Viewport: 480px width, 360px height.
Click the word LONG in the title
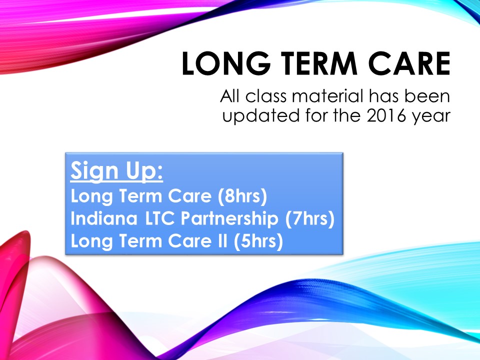point(226,63)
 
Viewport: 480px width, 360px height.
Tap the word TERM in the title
point(319,63)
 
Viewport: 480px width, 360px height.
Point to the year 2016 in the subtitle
point(387,115)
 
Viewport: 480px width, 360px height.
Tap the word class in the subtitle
point(266,96)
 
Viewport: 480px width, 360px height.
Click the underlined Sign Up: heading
point(116,171)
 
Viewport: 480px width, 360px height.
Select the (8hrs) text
point(242,196)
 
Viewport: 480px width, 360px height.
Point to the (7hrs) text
point(310,218)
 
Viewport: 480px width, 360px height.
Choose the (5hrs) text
point(258,241)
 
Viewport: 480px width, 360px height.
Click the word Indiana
point(104,218)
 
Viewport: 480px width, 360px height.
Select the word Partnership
point(229,219)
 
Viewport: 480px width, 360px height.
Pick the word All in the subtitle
point(230,96)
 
